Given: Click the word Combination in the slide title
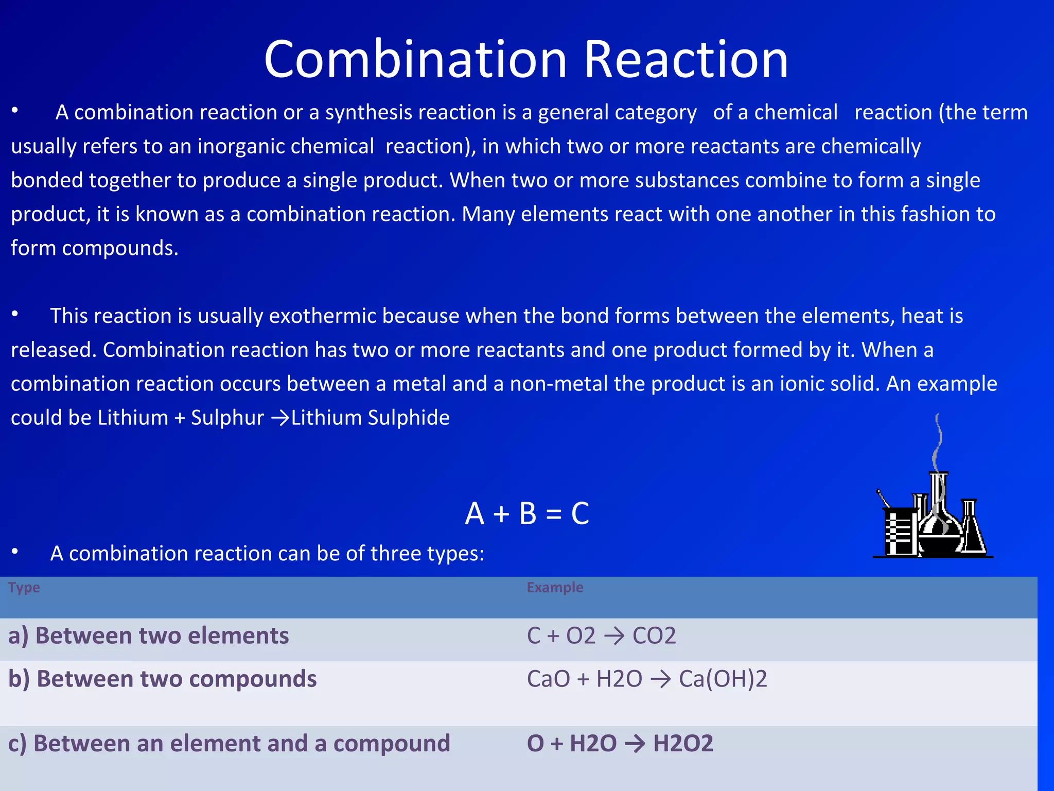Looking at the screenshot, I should point(416,60).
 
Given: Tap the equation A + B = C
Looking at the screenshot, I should point(527,513).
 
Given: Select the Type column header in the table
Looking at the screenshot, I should point(24,587).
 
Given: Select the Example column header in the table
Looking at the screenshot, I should point(555,587).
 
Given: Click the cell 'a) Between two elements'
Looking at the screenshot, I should point(149,635).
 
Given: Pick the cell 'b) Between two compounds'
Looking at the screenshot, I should point(163,679).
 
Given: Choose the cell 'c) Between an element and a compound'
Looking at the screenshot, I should point(229,744).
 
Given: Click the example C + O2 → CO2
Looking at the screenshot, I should point(601,635).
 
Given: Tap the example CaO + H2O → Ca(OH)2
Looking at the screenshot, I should point(647,679).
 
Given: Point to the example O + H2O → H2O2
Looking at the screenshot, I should point(620,744).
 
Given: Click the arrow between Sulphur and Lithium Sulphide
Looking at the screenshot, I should point(280,418).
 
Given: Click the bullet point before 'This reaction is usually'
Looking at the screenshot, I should point(15,314).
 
